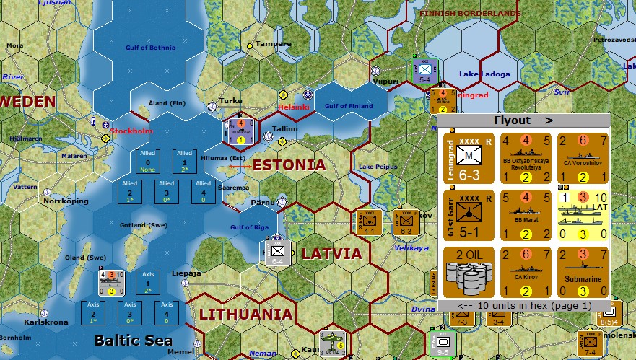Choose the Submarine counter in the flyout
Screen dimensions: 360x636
(583, 272)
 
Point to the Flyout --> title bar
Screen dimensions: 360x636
(523, 120)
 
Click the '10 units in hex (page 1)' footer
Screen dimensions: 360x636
(523, 305)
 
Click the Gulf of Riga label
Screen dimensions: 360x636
(248, 229)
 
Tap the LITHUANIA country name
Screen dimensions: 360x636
(245, 314)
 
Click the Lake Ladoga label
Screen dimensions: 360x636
(484, 74)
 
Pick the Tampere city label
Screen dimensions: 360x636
(273, 44)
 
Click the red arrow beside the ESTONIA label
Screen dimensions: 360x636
(240, 166)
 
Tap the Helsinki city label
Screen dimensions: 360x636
(294, 107)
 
